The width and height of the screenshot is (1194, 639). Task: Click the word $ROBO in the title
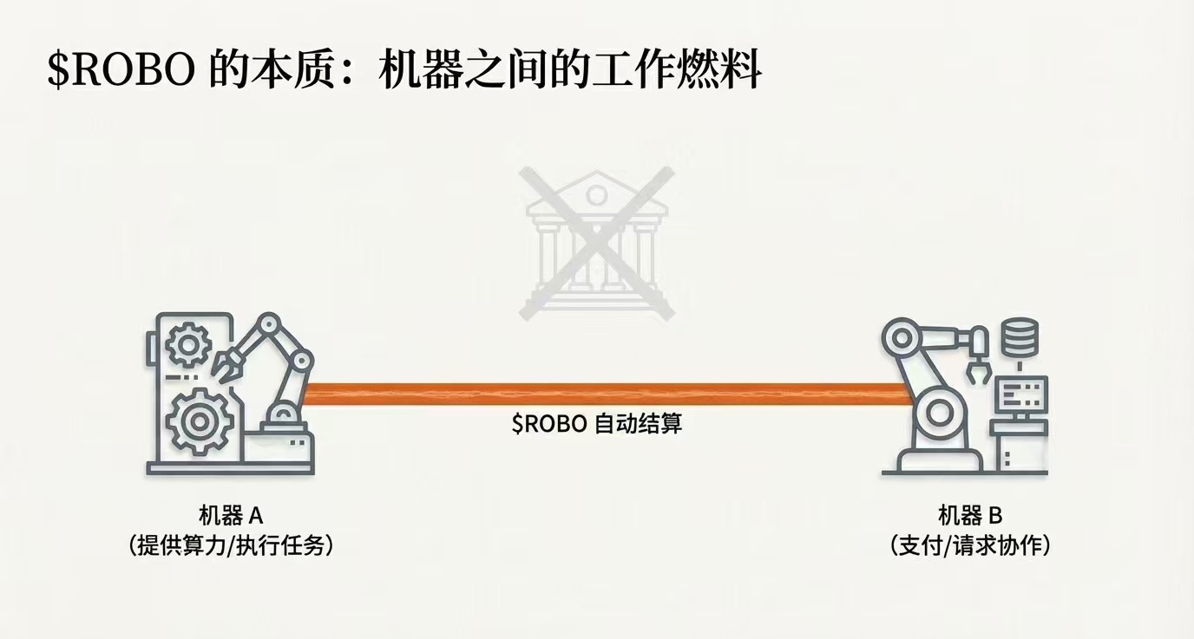click(121, 69)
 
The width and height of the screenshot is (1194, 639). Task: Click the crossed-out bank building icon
click(596, 241)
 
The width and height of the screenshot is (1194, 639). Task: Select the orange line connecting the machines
click(599, 393)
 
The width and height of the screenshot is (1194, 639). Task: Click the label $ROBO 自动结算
click(596, 425)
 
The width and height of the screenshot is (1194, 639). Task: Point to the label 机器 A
click(230, 516)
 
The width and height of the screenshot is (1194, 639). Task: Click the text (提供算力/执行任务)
click(230, 546)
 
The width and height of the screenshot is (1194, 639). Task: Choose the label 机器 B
click(970, 516)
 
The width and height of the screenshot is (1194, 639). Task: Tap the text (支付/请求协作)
click(970, 546)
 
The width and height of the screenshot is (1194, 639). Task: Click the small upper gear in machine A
click(187, 346)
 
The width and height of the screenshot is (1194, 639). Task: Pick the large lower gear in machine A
click(199, 421)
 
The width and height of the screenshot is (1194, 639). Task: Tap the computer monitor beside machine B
click(1023, 394)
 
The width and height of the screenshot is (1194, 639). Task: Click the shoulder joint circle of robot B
click(902, 339)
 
